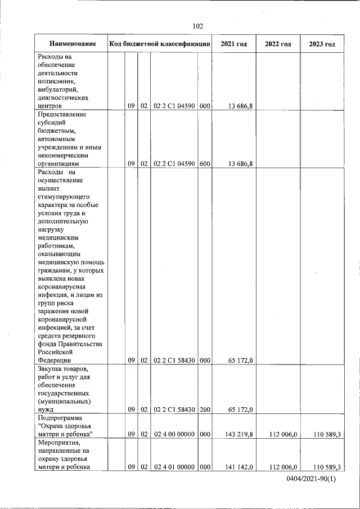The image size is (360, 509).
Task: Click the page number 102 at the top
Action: pyautogui.click(x=197, y=26)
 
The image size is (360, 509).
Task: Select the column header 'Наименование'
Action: pyautogui.click(x=72, y=44)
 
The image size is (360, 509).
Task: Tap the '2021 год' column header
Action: pyautogui.click(x=233, y=44)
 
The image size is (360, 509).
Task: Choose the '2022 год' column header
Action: pyautogui.click(x=278, y=44)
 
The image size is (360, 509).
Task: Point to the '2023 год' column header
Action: pyautogui.click(x=322, y=44)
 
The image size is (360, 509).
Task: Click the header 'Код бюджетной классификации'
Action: pyautogui.click(x=160, y=44)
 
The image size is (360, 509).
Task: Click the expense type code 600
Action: pyautogui.click(x=205, y=164)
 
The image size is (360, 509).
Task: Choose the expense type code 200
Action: pyautogui.click(x=205, y=409)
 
